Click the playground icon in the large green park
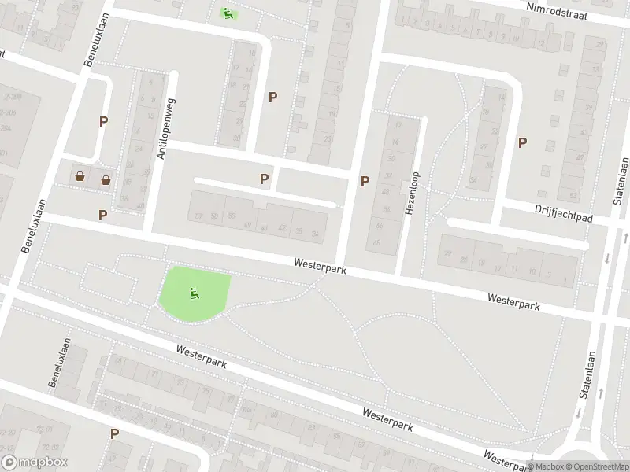(x=194, y=294)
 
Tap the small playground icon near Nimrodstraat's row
(x=228, y=13)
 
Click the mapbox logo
(x=35, y=463)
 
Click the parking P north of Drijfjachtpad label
(x=522, y=142)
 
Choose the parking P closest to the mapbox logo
(x=114, y=433)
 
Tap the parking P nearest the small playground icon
(x=272, y=98)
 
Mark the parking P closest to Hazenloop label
(x=365, y=181)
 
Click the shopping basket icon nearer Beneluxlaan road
(x=80, y=176)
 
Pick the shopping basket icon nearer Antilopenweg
(x=106, y=180)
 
